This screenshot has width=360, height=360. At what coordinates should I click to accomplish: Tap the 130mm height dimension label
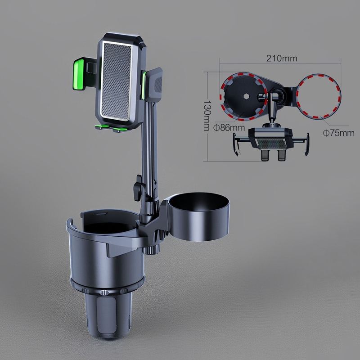click(x=207, y=115)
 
